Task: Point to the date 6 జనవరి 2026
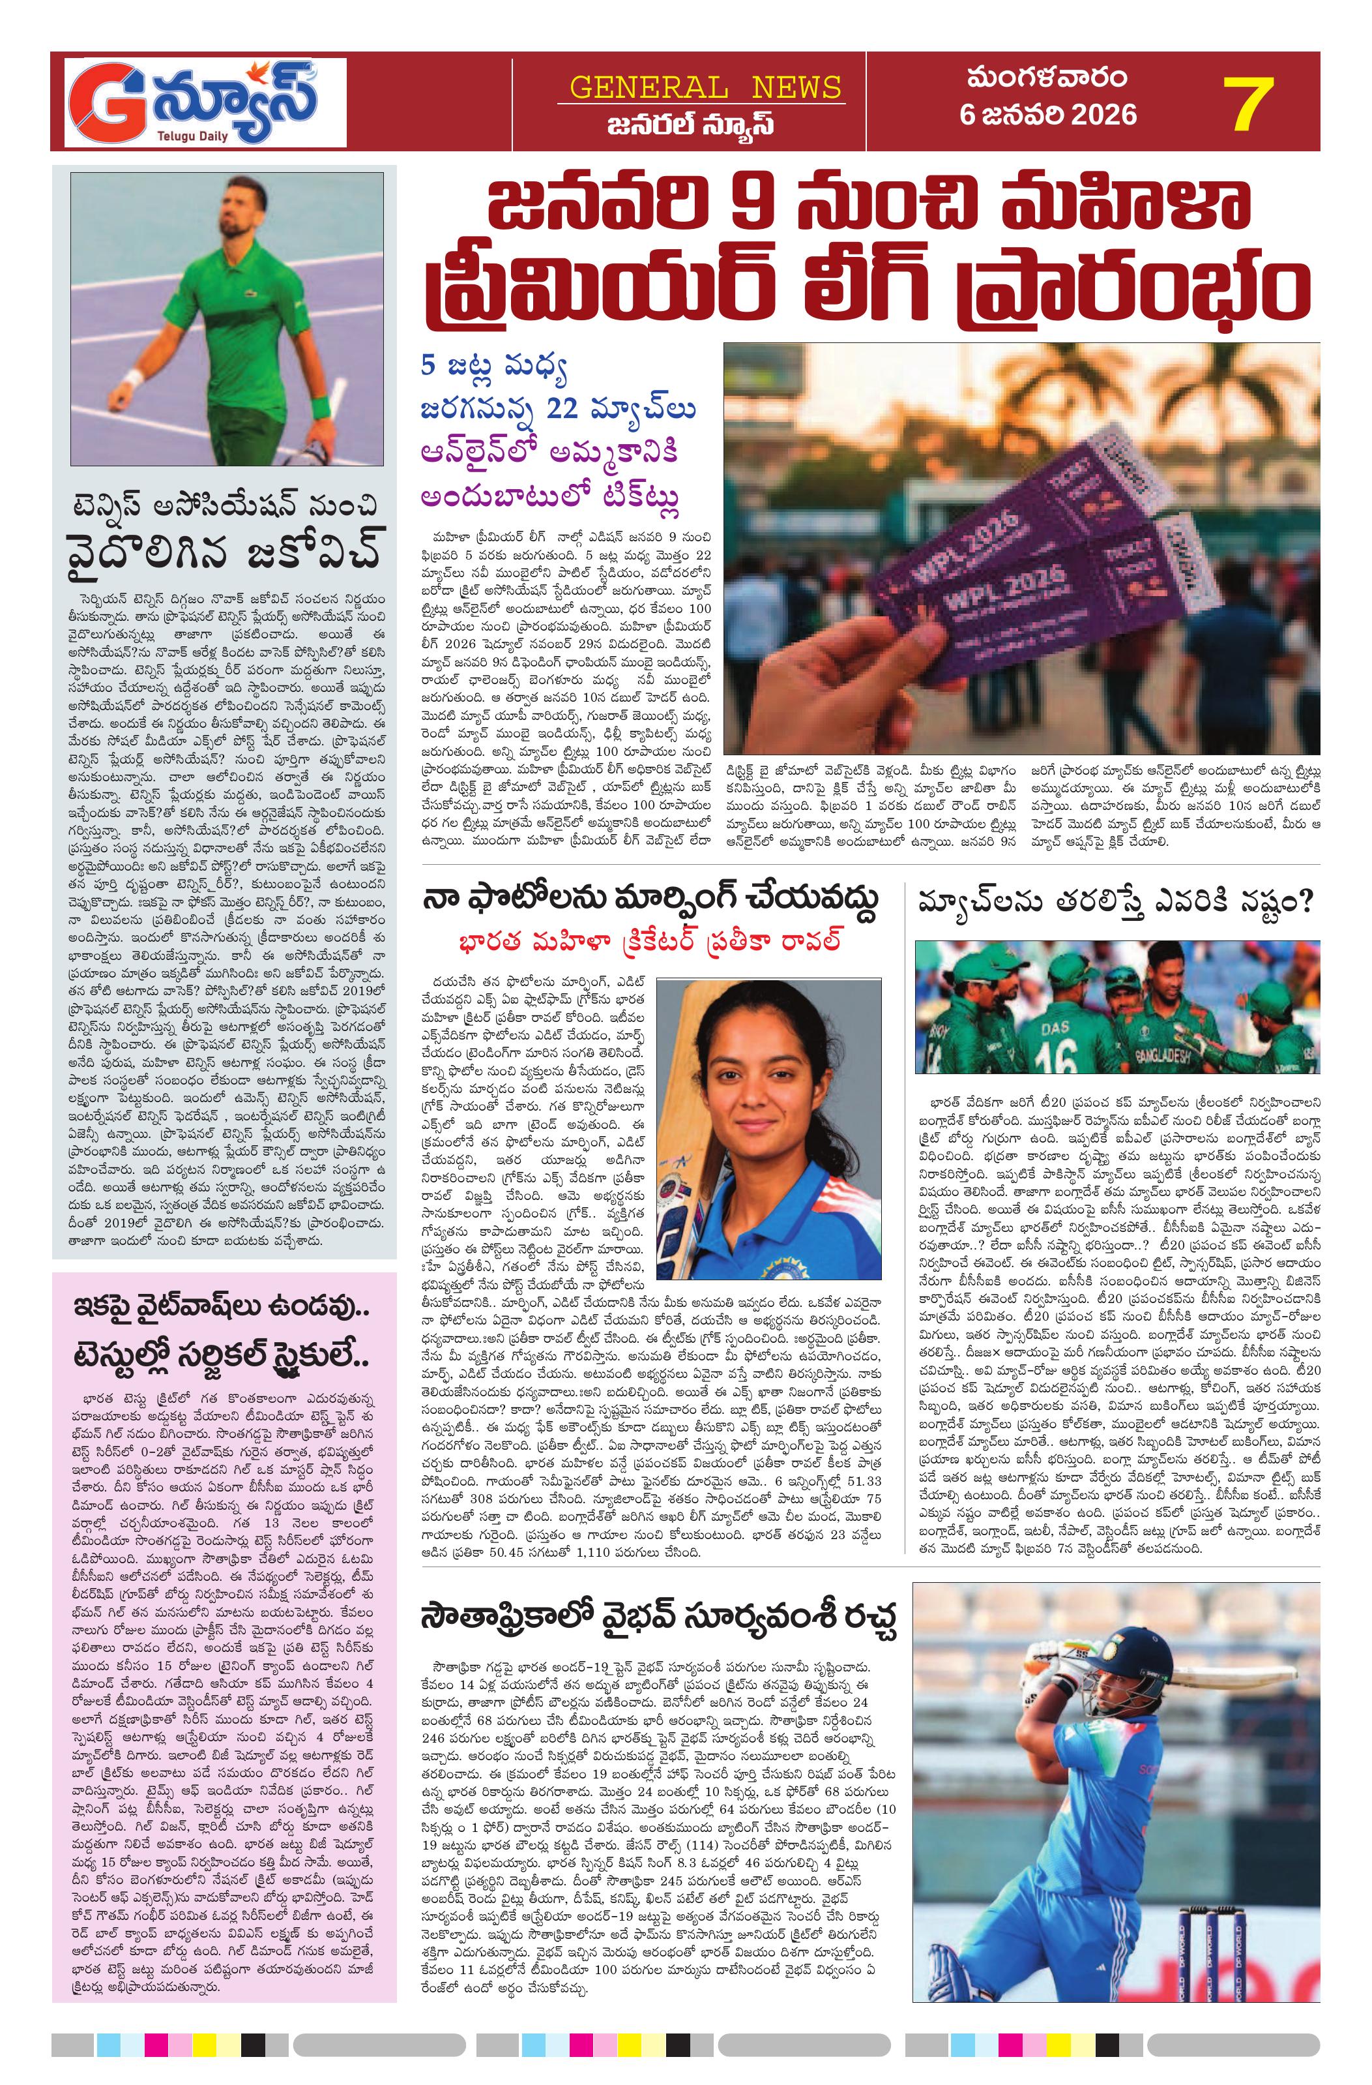[1048, 115]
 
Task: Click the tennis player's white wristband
[132, 380]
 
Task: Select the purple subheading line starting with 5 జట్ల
[493, 370]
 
